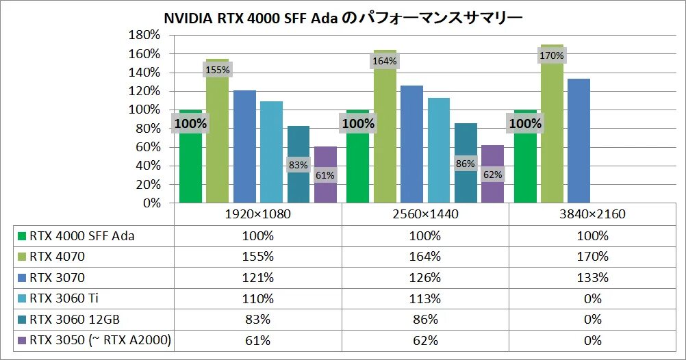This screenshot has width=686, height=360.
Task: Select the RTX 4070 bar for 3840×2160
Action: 552,137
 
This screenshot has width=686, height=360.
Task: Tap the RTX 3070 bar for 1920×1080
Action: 244,146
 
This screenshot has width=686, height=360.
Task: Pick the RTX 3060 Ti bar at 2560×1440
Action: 439,151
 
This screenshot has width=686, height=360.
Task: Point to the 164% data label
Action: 385,61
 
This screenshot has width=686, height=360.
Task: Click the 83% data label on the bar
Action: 298,165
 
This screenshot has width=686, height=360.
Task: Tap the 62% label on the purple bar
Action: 492,174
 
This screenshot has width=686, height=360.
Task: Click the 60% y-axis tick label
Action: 148,147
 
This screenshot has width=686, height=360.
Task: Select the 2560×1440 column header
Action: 425,214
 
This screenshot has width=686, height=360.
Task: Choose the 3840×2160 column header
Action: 592,214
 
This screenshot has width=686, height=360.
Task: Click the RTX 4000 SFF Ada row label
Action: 81,236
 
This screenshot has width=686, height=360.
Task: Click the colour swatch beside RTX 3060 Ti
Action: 21,298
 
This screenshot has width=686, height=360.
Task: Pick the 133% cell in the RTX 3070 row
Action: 592,277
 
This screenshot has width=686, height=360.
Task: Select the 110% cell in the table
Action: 258,298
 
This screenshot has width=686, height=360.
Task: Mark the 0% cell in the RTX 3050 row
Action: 592,339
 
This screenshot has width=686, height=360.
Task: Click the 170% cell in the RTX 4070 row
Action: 592,257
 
